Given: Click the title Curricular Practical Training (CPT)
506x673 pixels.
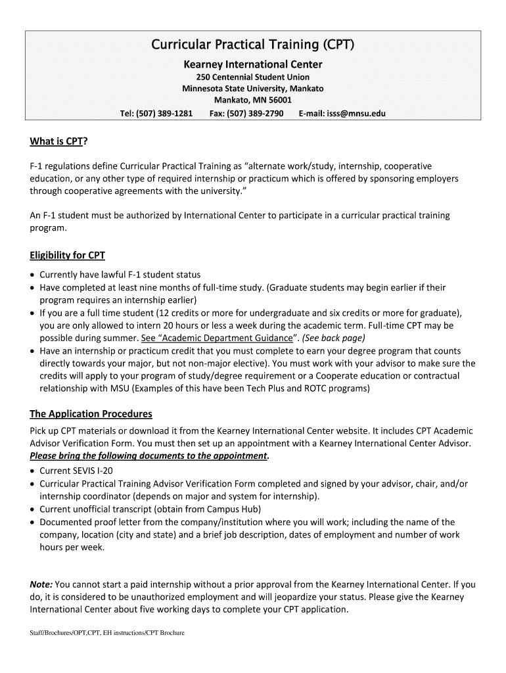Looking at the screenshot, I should tap(252, 46).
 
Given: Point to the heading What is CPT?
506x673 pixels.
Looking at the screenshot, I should tap(58, 142).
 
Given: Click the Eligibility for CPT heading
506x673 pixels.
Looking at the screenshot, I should tap(67, 255).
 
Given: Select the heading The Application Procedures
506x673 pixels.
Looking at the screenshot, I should tap(91, 414).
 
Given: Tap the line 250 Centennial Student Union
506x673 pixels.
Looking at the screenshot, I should tap(252, 77).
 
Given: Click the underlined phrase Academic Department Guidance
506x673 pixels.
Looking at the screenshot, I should tap(219, 338).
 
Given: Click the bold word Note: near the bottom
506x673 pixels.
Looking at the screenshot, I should tap(41, 584).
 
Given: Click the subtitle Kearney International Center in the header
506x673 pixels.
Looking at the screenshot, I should tap(252, 64).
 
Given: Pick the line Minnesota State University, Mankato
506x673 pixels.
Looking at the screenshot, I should tap(252, 89).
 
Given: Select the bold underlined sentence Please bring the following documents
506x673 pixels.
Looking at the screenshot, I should tap(149, 456).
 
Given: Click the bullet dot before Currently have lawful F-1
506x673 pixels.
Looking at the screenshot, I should tap(33, 275).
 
